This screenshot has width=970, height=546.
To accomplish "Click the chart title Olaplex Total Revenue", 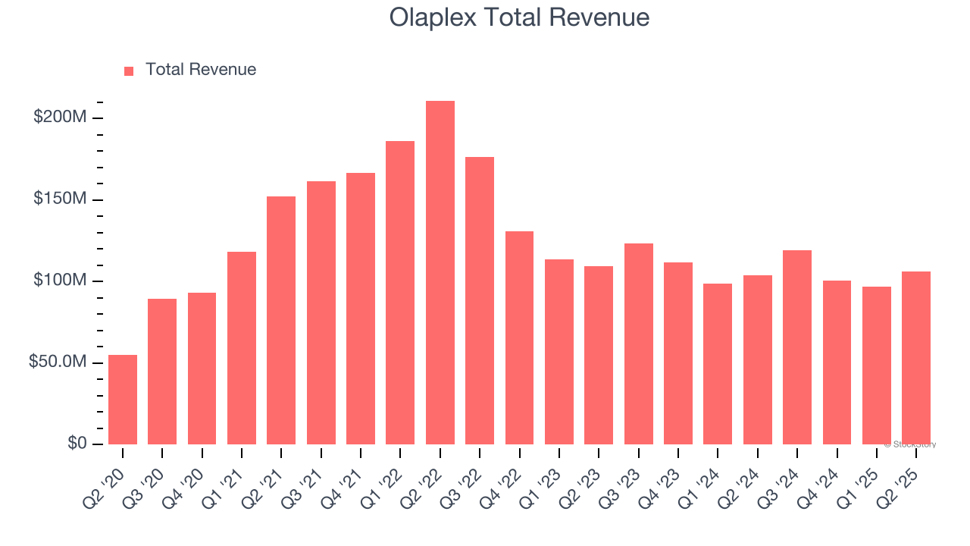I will [x=519, y=17].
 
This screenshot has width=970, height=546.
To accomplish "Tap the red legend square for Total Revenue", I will [x=129, y=71].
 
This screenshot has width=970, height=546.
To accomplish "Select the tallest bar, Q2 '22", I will [x=440, y=273].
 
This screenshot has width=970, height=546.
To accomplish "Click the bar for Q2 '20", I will [x=123, y=400].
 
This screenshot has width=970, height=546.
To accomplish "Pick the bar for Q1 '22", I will [x=400, y=293].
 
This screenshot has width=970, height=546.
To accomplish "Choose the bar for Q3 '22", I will [x=480, y=300].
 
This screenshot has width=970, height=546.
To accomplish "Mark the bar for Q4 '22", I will [x=519, y=337].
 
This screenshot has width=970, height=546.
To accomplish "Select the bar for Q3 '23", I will [x=638, y=344].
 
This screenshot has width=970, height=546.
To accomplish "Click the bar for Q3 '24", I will [x=797, y=347].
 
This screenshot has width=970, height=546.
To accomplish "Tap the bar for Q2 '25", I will [x=916, y=358].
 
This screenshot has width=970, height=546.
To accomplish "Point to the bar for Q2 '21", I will [x=281, y=320].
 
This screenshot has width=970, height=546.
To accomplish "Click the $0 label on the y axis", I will [x=77, y=444].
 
